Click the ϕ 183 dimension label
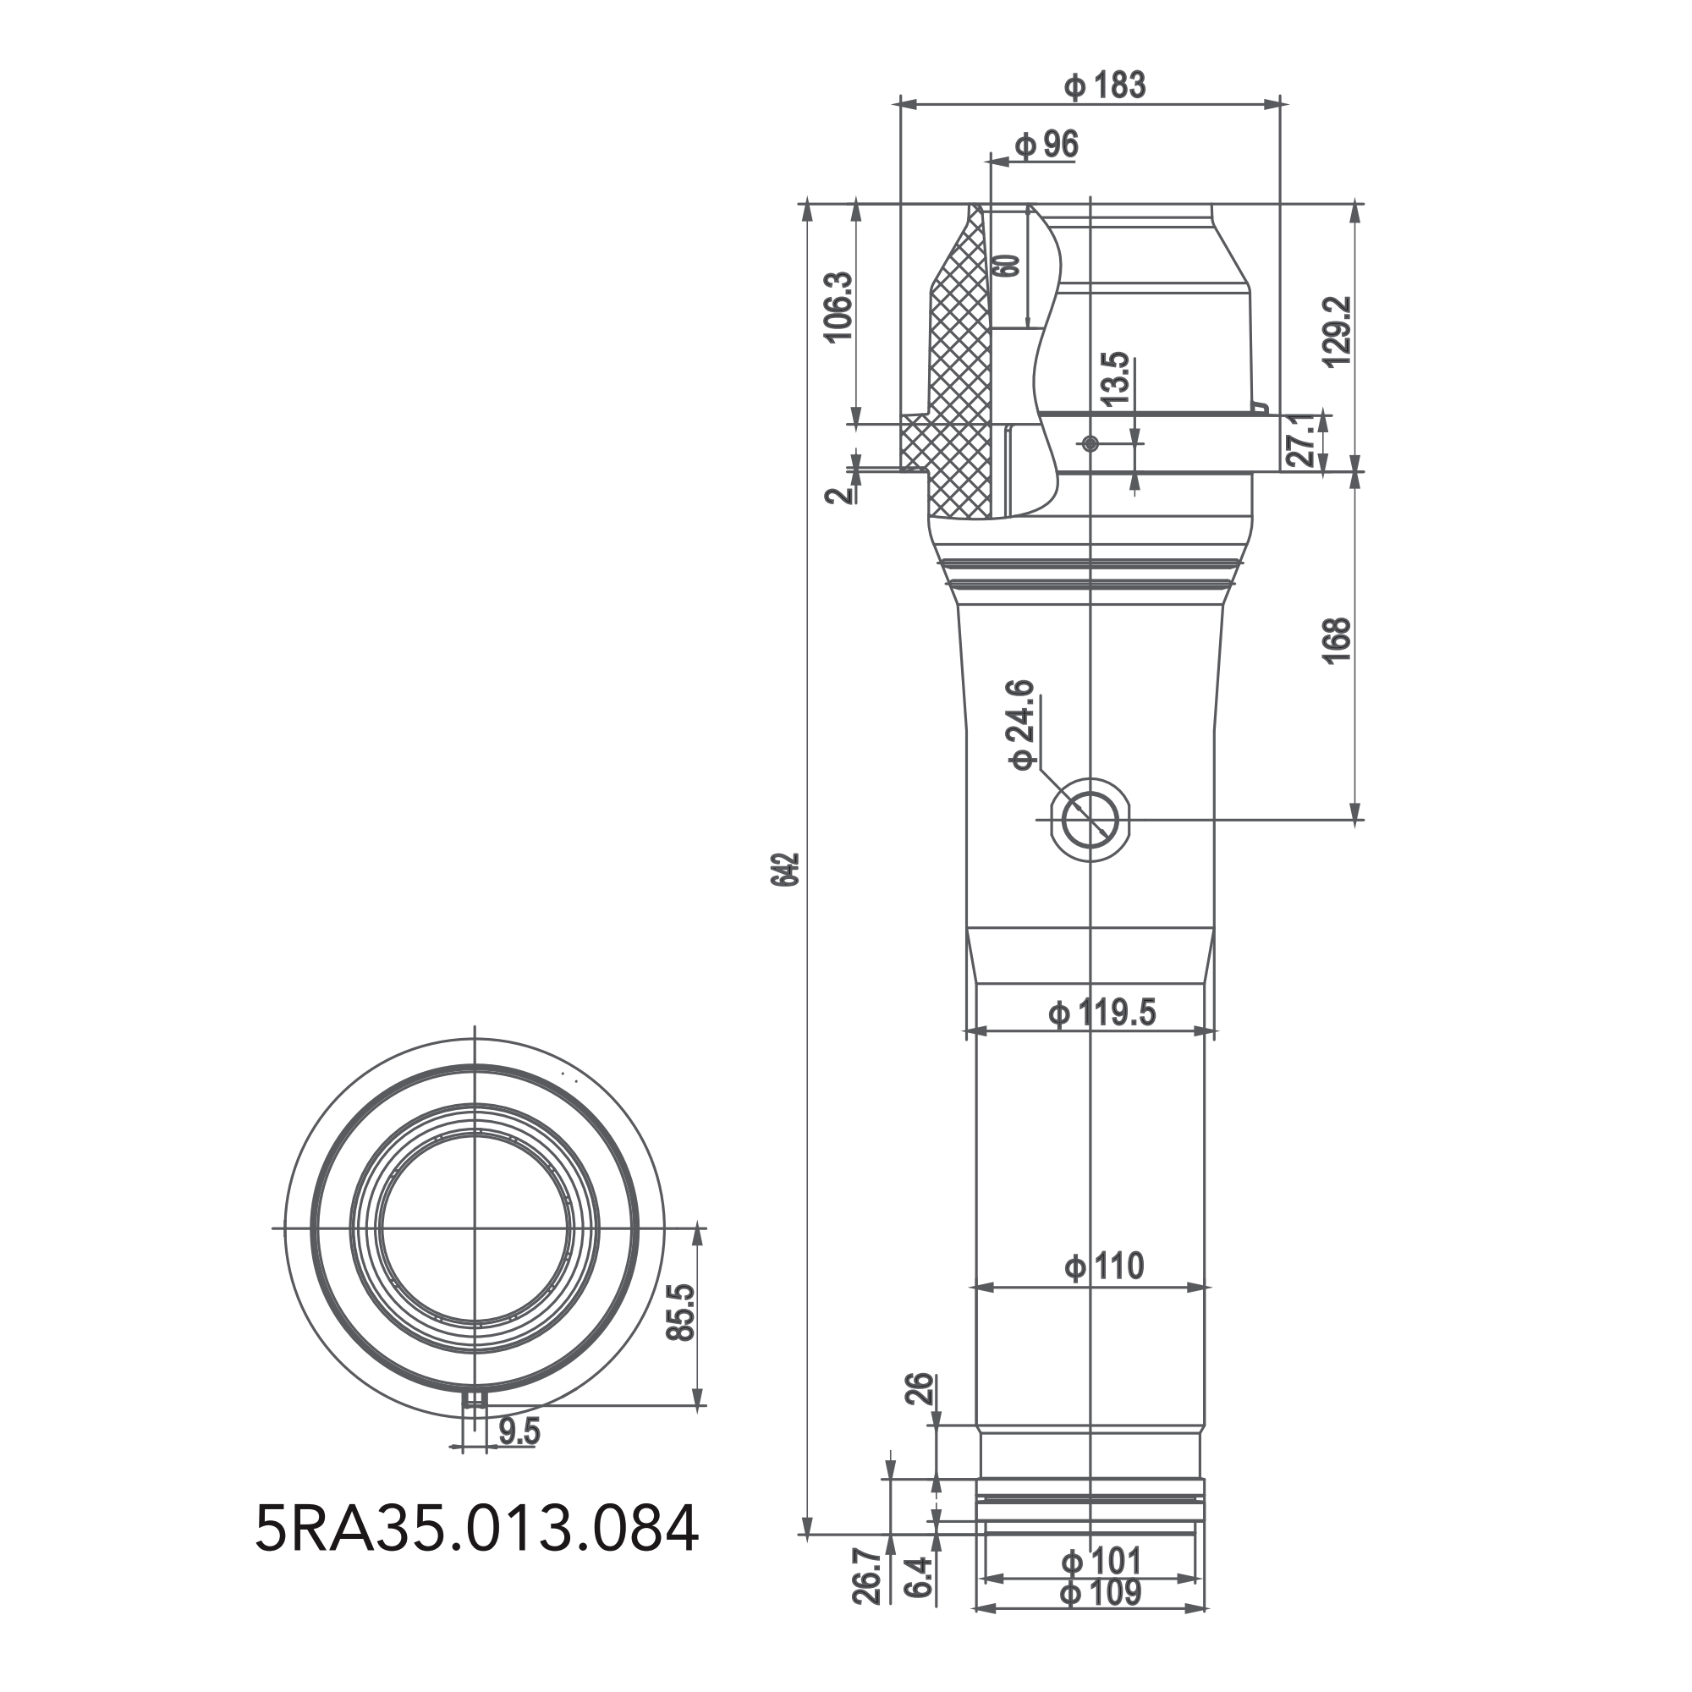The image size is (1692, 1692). pos(1104,85)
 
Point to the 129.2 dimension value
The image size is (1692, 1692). pos(1338,331)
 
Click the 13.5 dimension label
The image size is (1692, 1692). pos(1116,378)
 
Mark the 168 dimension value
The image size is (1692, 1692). pos(1338,641)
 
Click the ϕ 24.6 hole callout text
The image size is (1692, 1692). pos(1023,724)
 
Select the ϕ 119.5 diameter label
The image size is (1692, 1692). pos(1101,1014)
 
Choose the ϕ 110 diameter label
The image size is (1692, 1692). pos(1103,1266)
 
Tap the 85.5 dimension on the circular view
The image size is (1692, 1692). pos(680,1312)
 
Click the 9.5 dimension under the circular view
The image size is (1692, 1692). pos(519,1433)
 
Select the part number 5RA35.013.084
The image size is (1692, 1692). pos(476,1528)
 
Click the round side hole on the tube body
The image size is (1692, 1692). pos(1090,820)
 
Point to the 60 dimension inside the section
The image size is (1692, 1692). pos(1008,266)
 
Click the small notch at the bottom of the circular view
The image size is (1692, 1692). pos(475,1398)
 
